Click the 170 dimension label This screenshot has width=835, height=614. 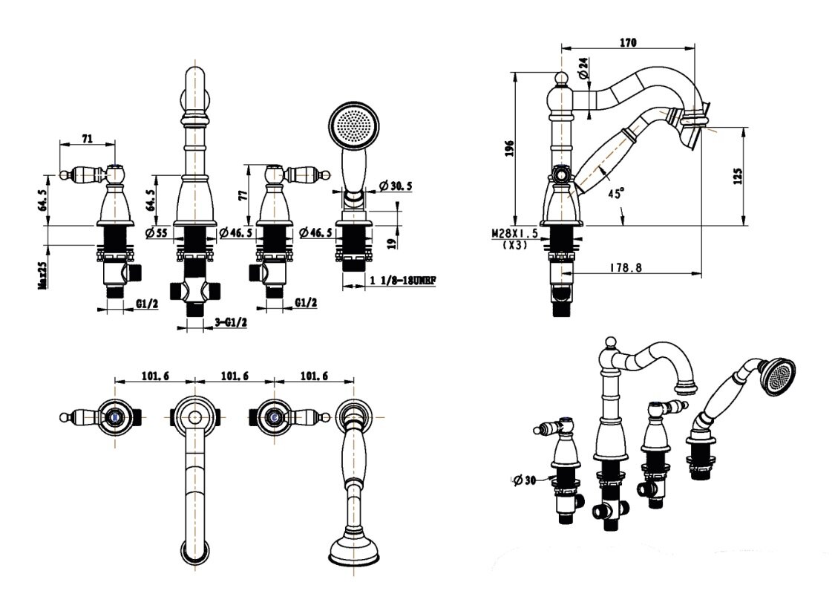pos(628,43)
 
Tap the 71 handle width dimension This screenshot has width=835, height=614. pos(87,138)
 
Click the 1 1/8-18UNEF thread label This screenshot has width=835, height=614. pos(402,281)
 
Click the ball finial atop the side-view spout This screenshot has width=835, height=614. pos(563,77)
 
